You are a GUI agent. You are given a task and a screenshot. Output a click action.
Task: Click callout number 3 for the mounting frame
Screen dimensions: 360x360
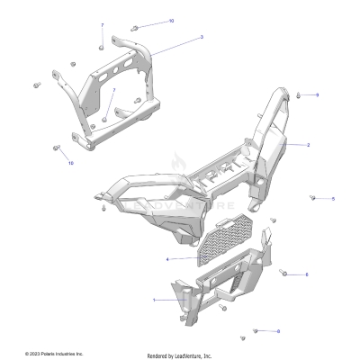(201, 37)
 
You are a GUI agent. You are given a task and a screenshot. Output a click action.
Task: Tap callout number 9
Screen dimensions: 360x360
(317, 94)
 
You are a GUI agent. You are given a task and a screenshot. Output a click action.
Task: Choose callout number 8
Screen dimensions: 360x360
(307, 274)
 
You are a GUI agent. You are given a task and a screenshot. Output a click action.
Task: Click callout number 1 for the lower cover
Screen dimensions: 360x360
(154, 299)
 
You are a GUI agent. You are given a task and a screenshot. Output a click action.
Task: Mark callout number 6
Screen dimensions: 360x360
(278, 331)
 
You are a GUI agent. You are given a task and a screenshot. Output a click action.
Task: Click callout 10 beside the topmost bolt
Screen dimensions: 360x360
(172, 20)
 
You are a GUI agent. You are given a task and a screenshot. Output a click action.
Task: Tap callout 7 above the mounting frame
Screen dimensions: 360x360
(102, 25)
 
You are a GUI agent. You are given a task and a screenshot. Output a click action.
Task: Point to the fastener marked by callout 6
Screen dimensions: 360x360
(256, 331)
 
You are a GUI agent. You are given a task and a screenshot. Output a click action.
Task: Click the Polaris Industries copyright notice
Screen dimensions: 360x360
(54, 352)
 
